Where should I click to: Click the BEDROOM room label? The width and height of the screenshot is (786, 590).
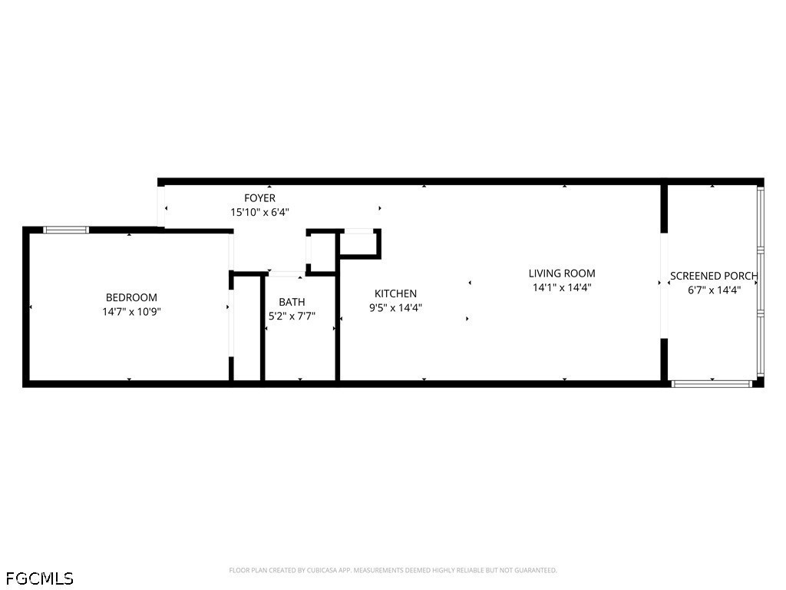[131, 297]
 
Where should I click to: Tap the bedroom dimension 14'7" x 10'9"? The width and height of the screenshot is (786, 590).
[131, 312]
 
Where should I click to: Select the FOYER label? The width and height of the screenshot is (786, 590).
[259, 198]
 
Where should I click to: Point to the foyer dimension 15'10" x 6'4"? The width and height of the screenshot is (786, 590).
[259, 212]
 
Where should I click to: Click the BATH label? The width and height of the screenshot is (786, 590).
[292, 302]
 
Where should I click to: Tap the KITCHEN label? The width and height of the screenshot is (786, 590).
[395, 293]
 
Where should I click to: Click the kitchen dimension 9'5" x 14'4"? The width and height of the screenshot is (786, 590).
[395, 307]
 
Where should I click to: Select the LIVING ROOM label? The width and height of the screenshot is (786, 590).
[562, 273]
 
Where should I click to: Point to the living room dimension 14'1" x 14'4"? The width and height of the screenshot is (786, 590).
[562, 288]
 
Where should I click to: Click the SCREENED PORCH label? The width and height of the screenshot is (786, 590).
[714, 276]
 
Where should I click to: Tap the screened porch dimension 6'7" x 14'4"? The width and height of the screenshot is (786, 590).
[714, 290]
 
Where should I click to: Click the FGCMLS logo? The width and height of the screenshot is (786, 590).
[39, 577]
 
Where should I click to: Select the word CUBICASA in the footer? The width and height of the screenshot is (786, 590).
[312, 571]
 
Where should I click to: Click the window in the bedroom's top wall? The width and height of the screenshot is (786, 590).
[66, 229]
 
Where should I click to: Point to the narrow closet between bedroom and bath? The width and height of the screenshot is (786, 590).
[246, 328]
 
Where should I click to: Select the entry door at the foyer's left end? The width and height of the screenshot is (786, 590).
[161, 207]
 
